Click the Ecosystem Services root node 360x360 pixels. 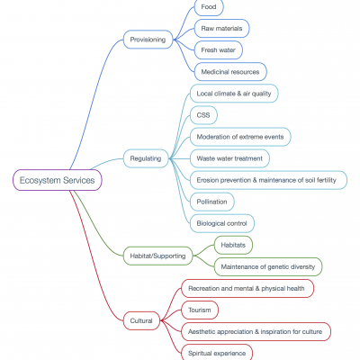click(58, 180)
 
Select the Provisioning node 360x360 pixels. click(148, 40)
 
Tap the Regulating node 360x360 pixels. click(146, 158)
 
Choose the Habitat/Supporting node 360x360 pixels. click(158, 256)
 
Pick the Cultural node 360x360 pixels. click(141, 320)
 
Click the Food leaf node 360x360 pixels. click(209, 6)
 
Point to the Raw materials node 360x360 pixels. click(221, 29)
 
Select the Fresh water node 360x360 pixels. click(219, 50)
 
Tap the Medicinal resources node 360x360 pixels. click(230, 72)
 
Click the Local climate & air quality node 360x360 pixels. click(234, 94)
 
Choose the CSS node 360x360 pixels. click(203, 115)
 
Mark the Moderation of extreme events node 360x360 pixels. click(240, 137)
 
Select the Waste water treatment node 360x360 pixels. click(229, 158)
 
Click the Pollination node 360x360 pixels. click(212, 202)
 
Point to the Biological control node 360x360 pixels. click(222, 223)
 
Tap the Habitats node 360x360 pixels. click(233, 245)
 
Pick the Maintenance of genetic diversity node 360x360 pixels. click(268, 266)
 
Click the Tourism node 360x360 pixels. click(200, 310)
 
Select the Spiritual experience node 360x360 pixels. click(217, 353)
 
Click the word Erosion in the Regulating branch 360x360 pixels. click(208, 180)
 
